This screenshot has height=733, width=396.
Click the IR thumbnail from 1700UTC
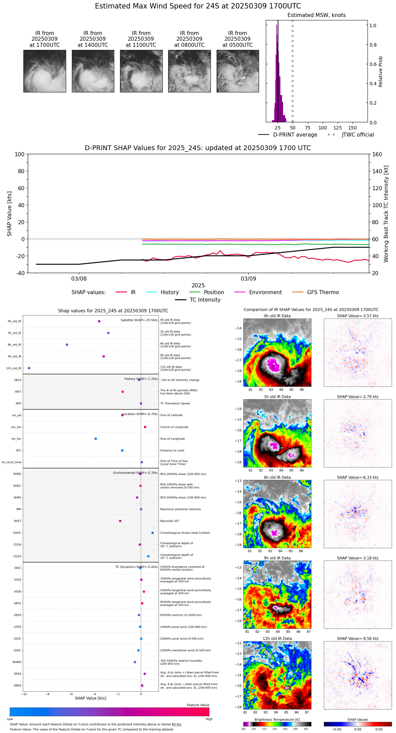pyautogui.click(x=45, y=71)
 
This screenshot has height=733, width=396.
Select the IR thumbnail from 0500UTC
pyautogui.click(x=238, y=71)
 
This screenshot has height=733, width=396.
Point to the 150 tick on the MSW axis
pyautogui.click(x=353, y=128)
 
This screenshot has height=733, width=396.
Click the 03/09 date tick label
pyautogui.click(x=249, y=279)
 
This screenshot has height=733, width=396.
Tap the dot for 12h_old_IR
pyautogui.click(x=29, y=368)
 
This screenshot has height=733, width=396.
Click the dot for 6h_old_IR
pyautogui.click(x=67, y=345)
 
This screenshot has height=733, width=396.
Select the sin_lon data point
pyautogui.click(x=96, y=439)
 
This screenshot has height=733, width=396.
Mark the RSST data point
pyautogui.click(x=120, y=521)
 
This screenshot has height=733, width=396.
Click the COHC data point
pyautogui.click(x=153, y=533)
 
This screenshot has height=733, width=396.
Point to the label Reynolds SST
pyautogui.click(x=170, y=521)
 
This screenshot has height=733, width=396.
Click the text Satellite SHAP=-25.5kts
pyautogui.click(x=139, y=320)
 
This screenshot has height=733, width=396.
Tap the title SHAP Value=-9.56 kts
pyautogui.click(x=358, y=639)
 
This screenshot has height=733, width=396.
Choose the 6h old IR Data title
pyautogui.click(x=277, y=477)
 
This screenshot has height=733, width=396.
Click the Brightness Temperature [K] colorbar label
pyautogui.click(x=277, y=719)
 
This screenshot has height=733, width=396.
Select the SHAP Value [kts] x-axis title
pyautogui.click(x=91, y=698)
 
